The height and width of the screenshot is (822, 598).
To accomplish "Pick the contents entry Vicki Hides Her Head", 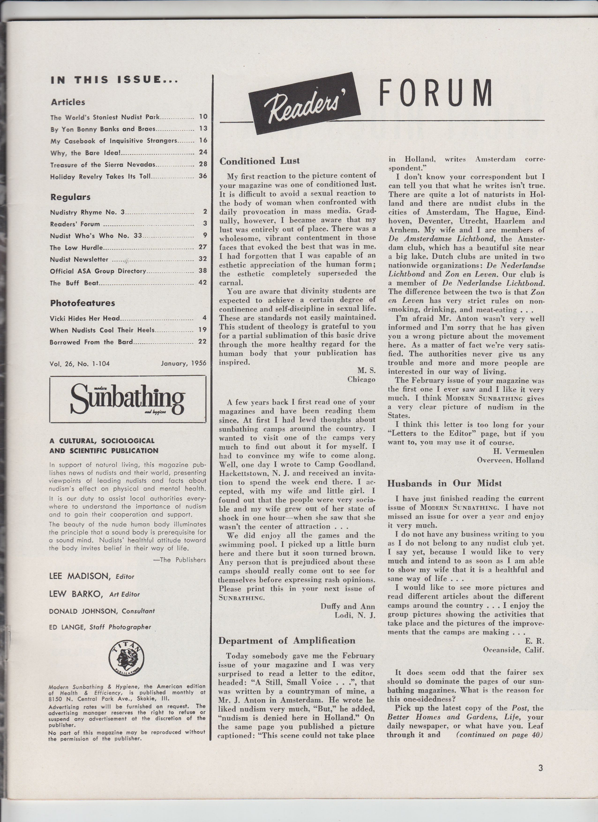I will click(x=85, y=318).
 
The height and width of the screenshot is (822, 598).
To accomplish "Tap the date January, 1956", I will click(x=183, y=363).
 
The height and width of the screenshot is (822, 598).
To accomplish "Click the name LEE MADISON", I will click(x=79, y=576).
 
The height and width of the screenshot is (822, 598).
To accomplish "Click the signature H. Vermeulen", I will click(x=518, y=452).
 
